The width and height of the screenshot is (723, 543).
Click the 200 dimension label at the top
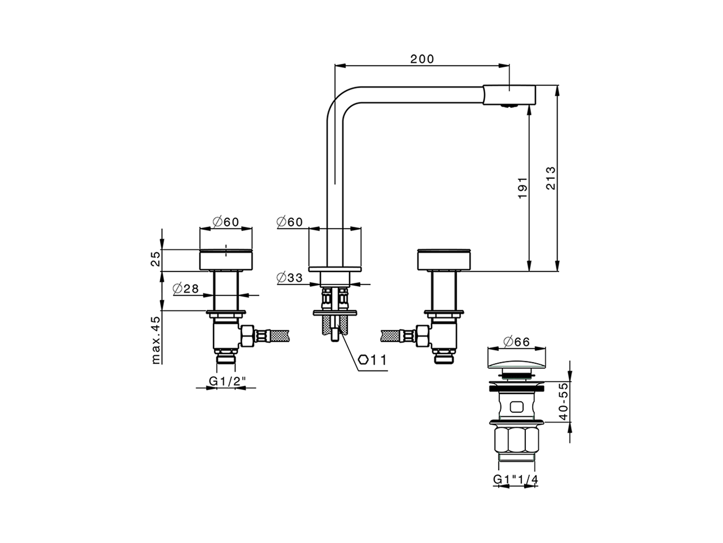pos(422,59)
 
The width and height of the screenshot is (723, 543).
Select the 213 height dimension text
pos(551,178)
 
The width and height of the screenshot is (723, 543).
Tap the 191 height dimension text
pos(522,187)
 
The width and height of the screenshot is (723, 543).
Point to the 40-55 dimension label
pos(562,401)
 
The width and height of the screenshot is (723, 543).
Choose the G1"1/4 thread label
pos(516,479)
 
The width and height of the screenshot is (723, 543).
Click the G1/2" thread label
pos(225,381)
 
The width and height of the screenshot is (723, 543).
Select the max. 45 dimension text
pos(156,339)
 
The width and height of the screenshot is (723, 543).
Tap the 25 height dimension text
pos(156,259)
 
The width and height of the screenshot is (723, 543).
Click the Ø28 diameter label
pos(185,288)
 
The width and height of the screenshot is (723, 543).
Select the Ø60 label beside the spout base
pos(290,222)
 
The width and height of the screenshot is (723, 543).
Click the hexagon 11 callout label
pos(372,360)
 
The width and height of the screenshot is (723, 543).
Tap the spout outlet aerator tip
pos(509,105)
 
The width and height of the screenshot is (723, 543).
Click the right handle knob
pos(443,260)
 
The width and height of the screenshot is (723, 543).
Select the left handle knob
pos(226,260)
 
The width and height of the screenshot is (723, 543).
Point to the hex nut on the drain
pos(515,440)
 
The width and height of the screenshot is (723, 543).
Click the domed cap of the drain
pos(516,360)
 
